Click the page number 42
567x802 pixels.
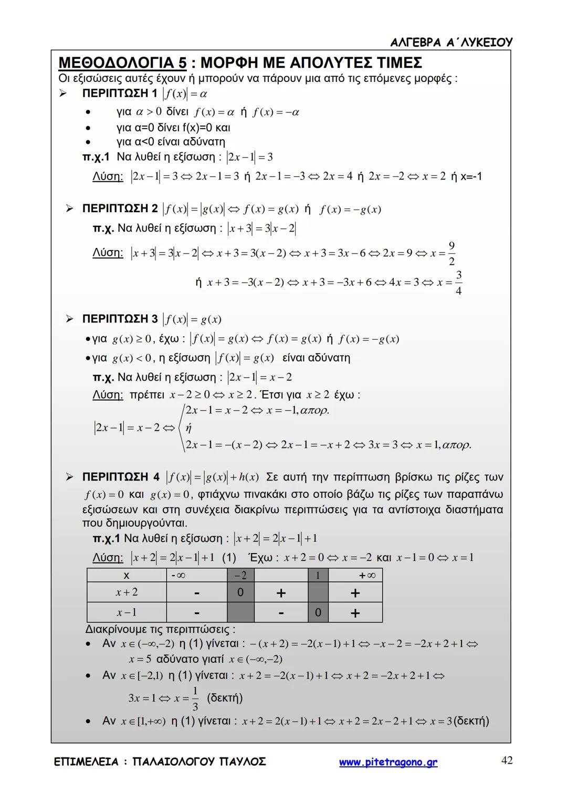coord(507,760)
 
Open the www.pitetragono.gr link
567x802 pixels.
coord(388,762)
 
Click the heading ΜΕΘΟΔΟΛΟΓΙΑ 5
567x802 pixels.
coord(122,63)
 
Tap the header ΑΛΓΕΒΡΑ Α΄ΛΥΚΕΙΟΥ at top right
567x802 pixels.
coord(451,42)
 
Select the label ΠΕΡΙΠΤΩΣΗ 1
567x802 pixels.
coord(119,93)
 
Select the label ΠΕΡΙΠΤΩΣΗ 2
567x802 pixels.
coord(120,209)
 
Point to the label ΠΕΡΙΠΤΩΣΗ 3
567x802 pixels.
coord(120,319)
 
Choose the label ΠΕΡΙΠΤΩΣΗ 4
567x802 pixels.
coord(121,477)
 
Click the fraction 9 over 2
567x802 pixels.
coord(451,253)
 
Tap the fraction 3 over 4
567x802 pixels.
coord(458,283)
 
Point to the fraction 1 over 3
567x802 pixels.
coord(195,699)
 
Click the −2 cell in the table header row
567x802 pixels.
coord(240,575)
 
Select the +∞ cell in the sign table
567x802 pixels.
coord(367,575)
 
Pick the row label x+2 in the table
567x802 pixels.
coord(127,592)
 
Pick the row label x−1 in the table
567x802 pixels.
coord(127,612)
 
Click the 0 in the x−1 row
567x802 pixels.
coord(318,612)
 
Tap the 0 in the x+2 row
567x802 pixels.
coord(240,592)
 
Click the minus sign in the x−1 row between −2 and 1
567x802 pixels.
coord(281,612)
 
